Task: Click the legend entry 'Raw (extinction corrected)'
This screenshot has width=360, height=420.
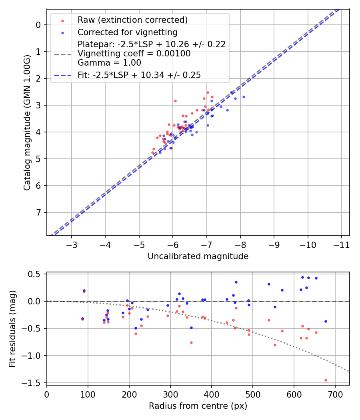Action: tap(132, 20)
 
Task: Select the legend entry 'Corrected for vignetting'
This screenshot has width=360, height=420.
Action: tap(127, 32)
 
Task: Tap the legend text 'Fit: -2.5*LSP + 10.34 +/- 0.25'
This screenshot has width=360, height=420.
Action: tap(139, 75)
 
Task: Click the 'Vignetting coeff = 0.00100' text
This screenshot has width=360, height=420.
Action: tap(134, 54)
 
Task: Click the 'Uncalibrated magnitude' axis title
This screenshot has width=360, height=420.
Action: tap(198, 256)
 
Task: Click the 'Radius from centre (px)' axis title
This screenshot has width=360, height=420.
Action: tap(198, 406)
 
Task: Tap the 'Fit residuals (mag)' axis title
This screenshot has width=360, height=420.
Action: tap(12, 329)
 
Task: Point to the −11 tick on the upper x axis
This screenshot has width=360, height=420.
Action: tap(341, 244)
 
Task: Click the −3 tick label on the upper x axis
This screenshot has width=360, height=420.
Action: tap(72, 244)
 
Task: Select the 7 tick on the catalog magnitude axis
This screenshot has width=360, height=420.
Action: tap(38, 212)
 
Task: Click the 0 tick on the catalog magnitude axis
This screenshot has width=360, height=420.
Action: tap(38, 25)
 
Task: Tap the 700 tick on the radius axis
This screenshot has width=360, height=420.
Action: tap(335, 393)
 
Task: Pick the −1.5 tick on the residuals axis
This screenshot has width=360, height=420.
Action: tap(34, 383)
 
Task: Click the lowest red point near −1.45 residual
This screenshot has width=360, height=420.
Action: tap(326, 380)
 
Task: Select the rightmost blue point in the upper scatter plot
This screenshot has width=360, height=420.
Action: tap(244, 97)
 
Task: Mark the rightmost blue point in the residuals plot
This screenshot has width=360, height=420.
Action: tap(326, 321)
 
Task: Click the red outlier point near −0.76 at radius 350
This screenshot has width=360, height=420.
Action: tap(191, 342)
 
